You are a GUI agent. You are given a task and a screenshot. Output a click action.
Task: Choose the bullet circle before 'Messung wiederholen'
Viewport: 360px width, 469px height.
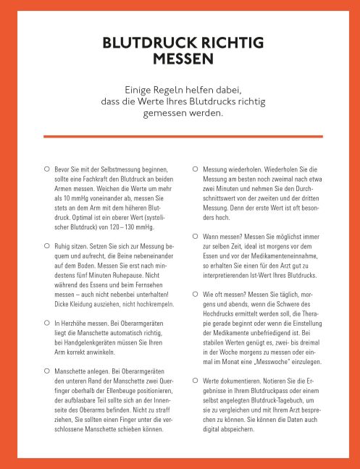click(x=195, y=168)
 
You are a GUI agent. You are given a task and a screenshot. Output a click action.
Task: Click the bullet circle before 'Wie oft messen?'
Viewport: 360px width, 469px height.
click(x=195, y=295)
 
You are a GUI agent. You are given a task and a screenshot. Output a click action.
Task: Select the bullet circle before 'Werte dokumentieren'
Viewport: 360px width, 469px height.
click(x=195, y=379)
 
